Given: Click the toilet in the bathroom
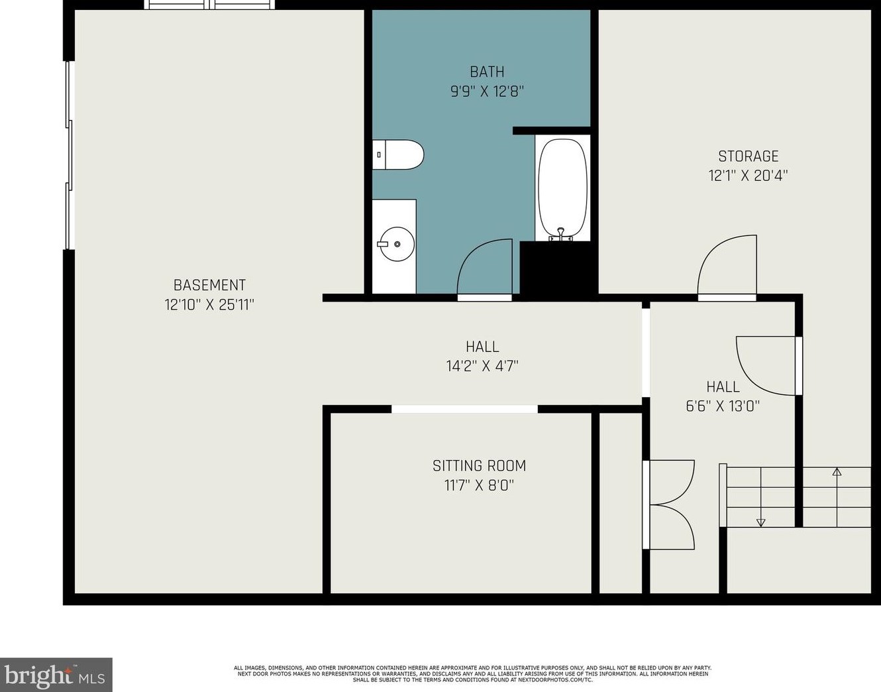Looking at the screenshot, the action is [x=398, y=154].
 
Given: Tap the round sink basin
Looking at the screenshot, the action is [x=396, y=244].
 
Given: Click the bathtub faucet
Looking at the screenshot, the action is [x=560, y=234].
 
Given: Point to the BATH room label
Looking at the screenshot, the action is [x=487, y=72].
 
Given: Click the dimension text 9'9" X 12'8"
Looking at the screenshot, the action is [x=487, y=91].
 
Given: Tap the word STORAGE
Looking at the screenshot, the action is [x=748, y=156].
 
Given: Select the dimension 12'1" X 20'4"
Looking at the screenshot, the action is [x=748, y=176].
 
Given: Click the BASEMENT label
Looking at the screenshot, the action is [x=209, y=285].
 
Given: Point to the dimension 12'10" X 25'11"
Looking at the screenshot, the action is [x=209, y=305].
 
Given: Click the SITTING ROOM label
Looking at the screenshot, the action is [x=479, y=466].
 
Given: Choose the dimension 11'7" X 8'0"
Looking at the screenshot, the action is [x=479, y=485].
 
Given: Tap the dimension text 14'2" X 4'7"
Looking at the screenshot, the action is [x=482, y=367].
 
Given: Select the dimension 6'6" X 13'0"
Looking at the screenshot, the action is [x=723, y=406].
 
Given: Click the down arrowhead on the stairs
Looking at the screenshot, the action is [x=760, y=522].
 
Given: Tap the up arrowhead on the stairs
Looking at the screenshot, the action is [x=837, y=472].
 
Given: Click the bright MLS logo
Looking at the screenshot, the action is [x=56, y=675].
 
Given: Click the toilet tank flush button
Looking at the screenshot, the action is [x=379, y=154].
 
